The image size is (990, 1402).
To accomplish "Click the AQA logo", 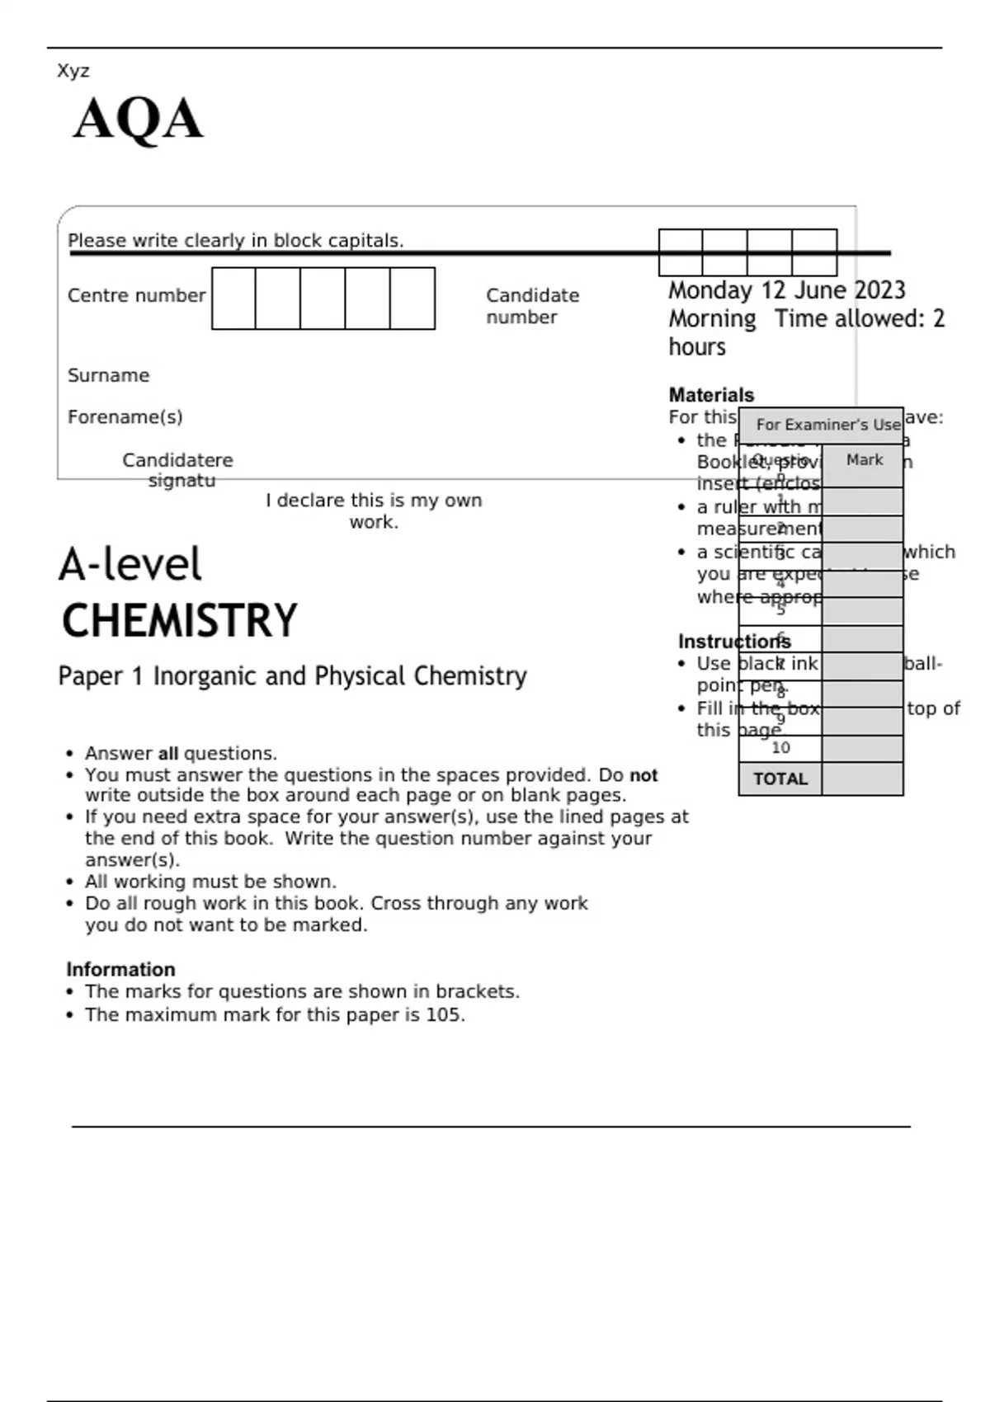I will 138,120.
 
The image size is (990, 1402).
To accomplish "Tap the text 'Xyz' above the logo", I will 73,71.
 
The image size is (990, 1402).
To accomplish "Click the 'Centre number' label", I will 136,295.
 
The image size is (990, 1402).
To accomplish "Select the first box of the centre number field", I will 233,298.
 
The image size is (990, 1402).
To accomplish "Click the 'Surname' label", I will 108,375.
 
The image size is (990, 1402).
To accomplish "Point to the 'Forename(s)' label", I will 125,416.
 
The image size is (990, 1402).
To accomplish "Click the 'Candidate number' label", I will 532,306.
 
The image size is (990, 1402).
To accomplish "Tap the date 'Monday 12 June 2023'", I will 786,290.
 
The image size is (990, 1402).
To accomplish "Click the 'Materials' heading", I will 711,395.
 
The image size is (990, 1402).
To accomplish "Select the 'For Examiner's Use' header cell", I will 827,425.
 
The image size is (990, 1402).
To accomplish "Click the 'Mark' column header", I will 864,460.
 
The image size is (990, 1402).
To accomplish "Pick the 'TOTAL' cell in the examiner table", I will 780,779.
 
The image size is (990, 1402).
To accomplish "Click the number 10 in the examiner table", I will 780,748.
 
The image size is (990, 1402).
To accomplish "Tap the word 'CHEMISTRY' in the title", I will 179,621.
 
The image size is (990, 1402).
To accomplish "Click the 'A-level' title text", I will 130,565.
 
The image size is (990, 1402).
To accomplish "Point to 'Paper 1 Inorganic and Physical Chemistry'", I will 292,676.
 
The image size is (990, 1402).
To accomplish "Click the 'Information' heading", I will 120,969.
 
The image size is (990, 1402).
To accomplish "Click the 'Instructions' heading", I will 733,642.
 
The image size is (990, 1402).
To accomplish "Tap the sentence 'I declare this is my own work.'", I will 374,510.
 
